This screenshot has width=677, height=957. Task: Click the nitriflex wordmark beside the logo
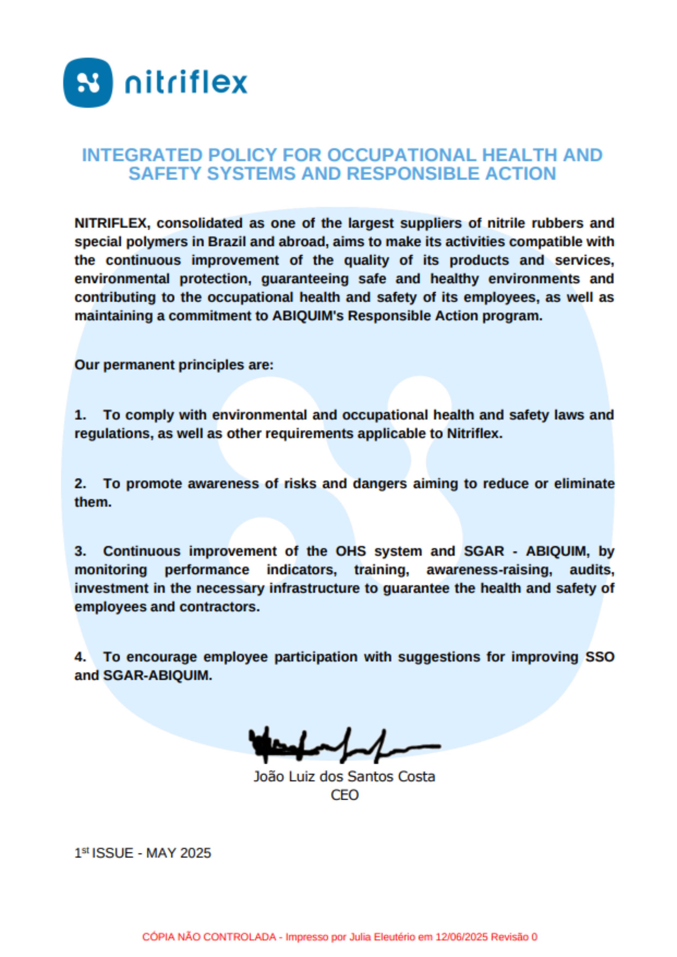point(186,83)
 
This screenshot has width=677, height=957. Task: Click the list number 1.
point(80,415)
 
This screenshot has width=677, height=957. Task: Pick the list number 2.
point(80,484)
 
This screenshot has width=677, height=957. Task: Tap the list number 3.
point(80,551)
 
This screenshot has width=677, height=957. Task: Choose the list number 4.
point(80,657)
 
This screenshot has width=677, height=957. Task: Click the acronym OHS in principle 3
point(351,551)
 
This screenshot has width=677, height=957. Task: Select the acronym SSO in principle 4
point(600,657)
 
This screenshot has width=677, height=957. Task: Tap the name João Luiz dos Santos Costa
point(344,777)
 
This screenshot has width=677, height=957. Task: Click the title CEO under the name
point(344,795)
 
